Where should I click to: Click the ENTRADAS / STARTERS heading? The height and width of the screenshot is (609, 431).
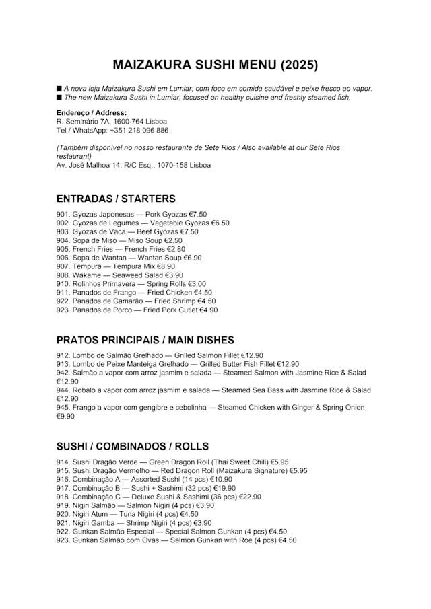click(x=116, y=199)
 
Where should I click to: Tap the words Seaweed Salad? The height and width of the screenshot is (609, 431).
click(x=133, y=275)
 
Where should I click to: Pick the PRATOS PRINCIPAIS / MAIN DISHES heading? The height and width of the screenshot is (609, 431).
click(x=145, y=340)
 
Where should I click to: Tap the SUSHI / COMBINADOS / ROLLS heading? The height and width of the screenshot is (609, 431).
click(x=133, y=446)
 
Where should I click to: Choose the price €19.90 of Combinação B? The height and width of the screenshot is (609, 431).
click(x=223, y=489)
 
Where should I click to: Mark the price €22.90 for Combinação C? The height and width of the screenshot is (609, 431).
click(x=248, y=497)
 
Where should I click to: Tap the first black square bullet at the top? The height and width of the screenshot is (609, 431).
click(x=59, y=89)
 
